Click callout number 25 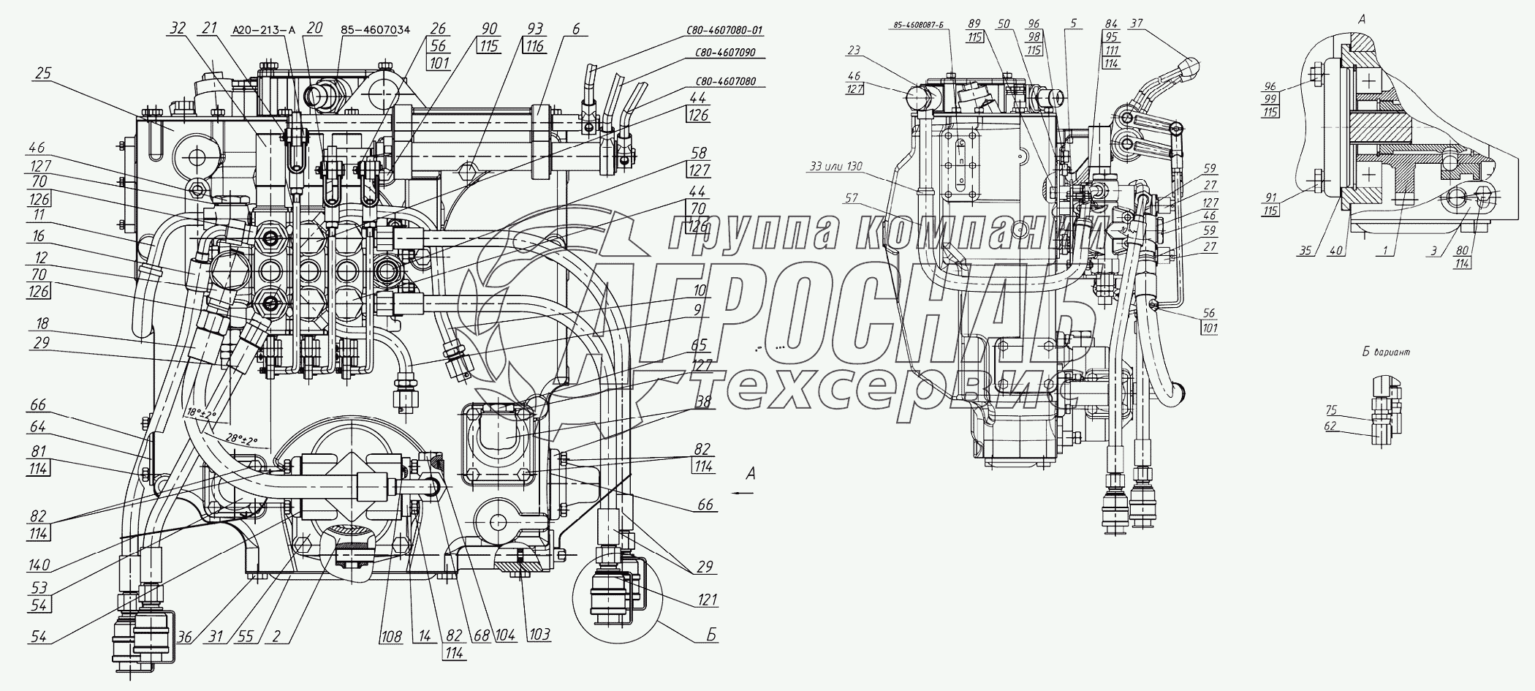[x=43, y=74]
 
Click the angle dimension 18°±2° [x=201, y=415]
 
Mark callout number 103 [x=540, y=635]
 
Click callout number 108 [x=391, y=637]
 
